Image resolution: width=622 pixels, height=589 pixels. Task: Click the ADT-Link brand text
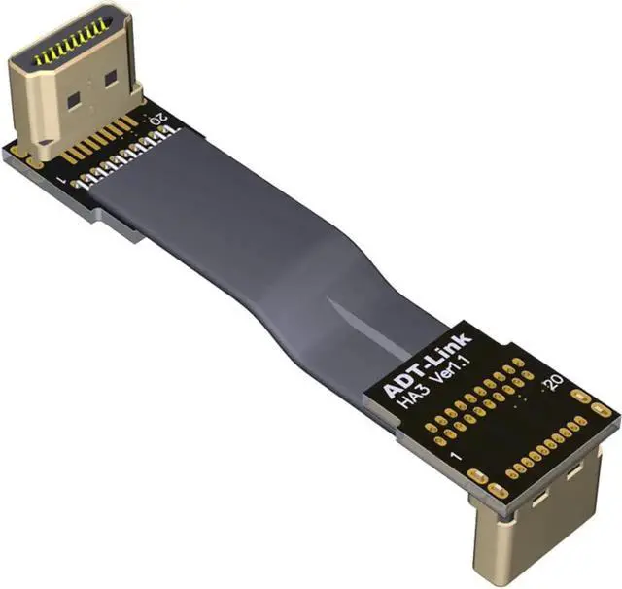click(x=427, y=363)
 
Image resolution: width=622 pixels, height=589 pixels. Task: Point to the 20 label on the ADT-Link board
click(x=554, y=382)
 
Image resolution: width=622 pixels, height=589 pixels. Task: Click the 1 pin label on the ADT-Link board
click(x=457, y=456)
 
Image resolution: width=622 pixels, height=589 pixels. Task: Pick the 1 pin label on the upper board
click(x=62, y=180)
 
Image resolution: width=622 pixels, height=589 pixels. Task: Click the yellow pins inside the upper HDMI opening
click(x=70, y=43)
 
